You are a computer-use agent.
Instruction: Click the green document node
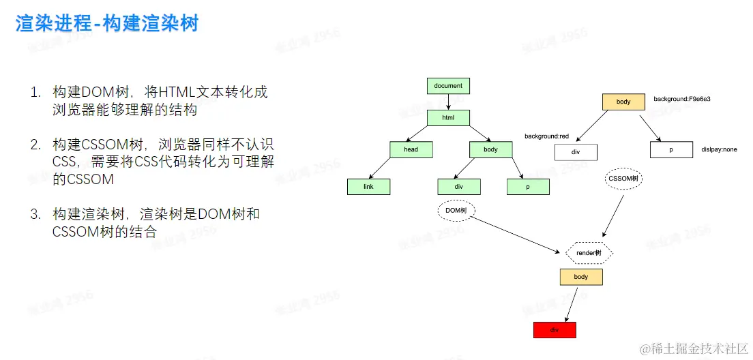point(448,86)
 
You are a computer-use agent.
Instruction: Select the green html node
point(448,118)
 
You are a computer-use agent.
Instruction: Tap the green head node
point(411,150)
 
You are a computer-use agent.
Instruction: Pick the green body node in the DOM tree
point(490,150)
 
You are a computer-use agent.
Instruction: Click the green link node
point(368,186)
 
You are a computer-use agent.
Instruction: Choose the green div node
point(459,186)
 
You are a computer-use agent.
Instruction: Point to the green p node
point(528,186)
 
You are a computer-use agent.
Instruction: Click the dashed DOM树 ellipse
point(456,211)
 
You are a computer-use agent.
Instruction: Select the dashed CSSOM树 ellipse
point(623,179)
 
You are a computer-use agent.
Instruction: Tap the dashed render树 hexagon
point(589,253)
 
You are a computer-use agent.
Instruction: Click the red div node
point(555,330)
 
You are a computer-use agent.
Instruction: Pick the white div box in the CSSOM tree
point(576,151)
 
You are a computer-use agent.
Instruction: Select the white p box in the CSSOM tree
point(671,150)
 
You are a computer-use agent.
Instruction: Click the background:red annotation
point(546,136)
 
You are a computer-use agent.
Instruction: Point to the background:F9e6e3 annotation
point(682,100)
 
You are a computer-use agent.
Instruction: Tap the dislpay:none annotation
point(719,149)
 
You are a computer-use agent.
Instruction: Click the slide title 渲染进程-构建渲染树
point(107,24)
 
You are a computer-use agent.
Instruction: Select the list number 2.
point(35,145)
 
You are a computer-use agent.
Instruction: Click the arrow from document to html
point(448,102)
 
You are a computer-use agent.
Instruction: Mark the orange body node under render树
point(581,277)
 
